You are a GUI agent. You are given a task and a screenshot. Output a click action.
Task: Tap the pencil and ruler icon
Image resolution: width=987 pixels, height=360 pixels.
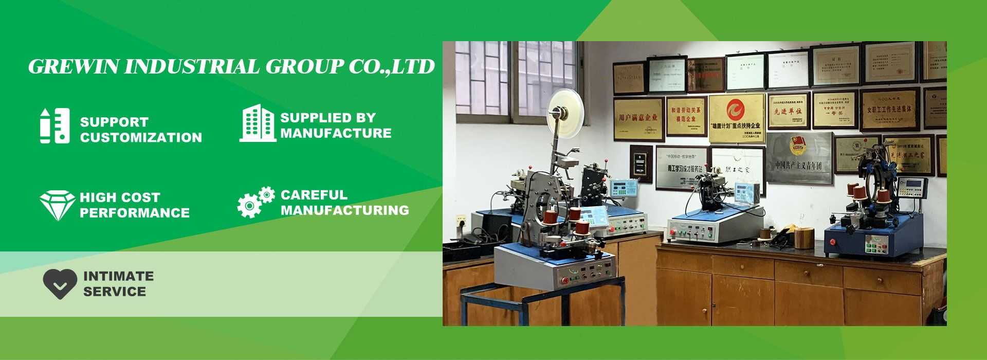point(54,125)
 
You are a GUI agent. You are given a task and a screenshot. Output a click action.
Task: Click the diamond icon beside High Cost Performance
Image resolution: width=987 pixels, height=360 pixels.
point(57,205)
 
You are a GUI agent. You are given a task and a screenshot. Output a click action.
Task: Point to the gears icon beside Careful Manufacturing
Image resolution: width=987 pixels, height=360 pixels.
point(255,202)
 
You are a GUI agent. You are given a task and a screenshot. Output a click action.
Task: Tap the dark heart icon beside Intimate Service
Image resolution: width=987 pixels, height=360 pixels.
point(60,284)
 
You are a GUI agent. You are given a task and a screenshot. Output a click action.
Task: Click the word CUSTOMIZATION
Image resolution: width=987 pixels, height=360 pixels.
point(141,138)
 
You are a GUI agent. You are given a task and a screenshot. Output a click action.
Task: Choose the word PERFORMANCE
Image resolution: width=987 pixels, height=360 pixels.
point(135,213)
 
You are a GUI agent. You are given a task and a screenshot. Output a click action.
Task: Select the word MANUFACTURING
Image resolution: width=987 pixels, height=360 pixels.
point(344,210)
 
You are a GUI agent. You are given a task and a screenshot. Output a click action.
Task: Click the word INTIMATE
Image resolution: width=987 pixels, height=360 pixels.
point(118,276)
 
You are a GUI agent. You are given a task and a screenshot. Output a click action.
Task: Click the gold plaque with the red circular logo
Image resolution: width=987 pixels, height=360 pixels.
point(737,118)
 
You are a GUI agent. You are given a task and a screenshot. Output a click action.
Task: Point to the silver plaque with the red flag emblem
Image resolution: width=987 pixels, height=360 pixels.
point(798,157)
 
